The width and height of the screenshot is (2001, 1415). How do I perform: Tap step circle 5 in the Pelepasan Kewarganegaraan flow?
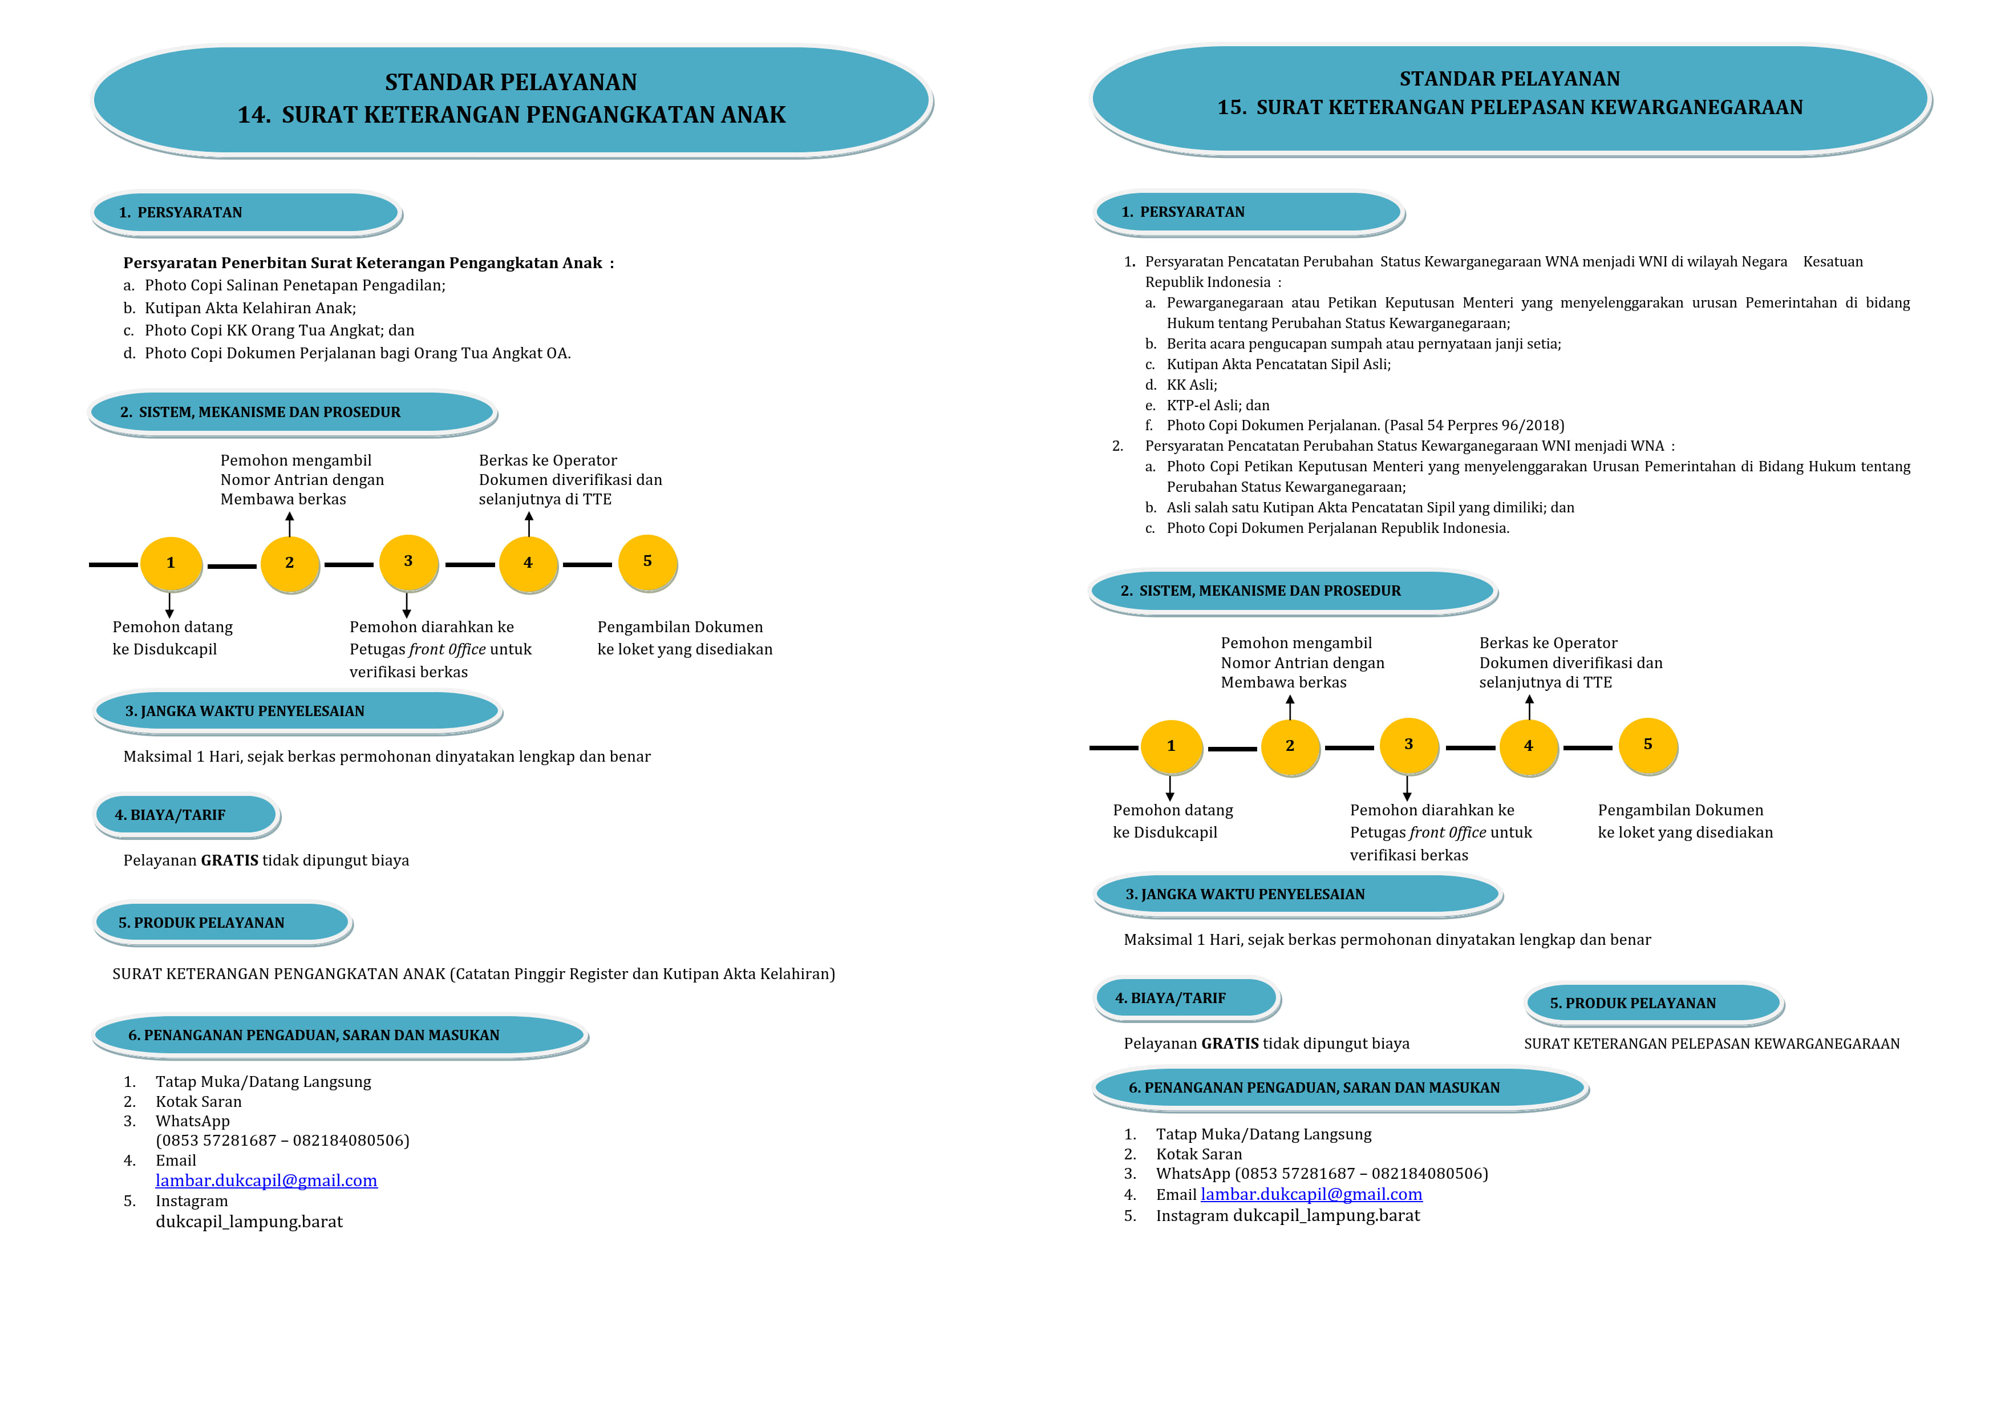[1648, 745]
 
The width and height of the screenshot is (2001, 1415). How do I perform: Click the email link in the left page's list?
[267, 1180]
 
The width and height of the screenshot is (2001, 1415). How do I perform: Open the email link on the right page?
[1311, 1194]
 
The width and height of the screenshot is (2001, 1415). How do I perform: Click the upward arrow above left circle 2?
[289, 524]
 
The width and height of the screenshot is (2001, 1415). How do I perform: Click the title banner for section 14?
[512, 100]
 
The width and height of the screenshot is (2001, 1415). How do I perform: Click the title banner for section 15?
[1510, 99]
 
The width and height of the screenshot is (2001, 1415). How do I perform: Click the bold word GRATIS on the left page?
[230, 860]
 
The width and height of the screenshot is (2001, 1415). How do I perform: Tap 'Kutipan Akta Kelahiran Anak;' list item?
[250, 308]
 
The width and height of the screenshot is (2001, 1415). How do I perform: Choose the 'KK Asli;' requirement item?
[1192, 385]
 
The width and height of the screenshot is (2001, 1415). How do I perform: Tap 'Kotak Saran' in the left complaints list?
[199, 1102]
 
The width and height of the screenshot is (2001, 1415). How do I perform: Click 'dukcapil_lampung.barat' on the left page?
[249, 1222]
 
